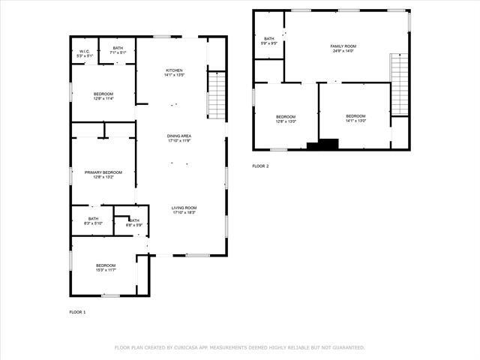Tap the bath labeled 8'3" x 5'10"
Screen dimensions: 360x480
[x=93, y=220]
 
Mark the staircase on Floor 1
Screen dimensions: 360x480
[x=215, y=94]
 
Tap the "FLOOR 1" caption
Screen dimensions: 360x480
[x=78, y=311]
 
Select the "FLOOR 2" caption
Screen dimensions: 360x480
[x=260, y=166]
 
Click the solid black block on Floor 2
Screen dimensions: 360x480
[x=327, y=145]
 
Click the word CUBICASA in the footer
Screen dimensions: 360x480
[x=190, y=347]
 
